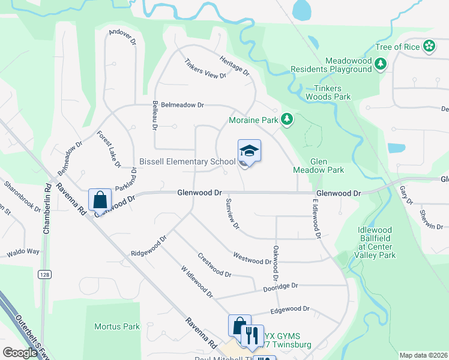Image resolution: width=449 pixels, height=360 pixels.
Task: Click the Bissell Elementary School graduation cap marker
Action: coord(249,151)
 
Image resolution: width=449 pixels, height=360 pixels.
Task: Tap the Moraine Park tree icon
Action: coord(288,120)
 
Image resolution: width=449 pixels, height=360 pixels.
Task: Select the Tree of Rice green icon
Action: coord(429,46)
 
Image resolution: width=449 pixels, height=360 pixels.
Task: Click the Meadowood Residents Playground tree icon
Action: coord(380,64)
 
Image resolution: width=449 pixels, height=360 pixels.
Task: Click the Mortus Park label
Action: coord(117,326)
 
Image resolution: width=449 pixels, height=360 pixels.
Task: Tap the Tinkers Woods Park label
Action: coord(328,92)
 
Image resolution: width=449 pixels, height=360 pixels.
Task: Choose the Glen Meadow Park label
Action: coord(318,166)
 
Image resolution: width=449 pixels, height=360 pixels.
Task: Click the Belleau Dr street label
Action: coord(154,115)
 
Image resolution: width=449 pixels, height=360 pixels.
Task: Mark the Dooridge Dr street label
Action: coord(280,287)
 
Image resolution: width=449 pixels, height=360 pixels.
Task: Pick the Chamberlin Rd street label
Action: coord(46,213)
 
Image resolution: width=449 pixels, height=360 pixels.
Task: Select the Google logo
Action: coord(20,353)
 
